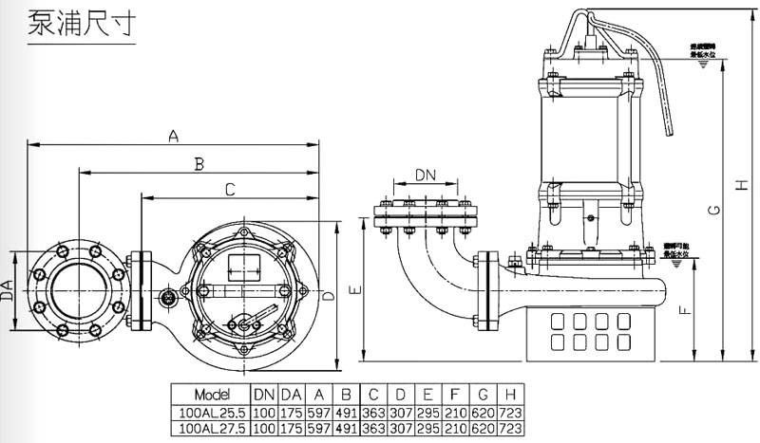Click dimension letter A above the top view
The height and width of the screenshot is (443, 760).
(173, 136)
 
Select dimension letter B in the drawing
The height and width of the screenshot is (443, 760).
(199, 164)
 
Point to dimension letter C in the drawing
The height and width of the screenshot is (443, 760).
(230, 190)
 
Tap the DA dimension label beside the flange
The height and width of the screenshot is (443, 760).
(8, 290)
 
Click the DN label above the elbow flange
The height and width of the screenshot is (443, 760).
(427, 175)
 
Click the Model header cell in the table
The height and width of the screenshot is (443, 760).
(210, 394)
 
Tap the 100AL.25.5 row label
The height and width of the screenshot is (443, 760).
(210, 412)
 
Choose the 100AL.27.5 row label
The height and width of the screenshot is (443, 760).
(210, 429)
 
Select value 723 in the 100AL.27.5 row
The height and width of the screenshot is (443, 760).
(512, 429)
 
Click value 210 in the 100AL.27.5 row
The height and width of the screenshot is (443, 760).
(456, 429)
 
